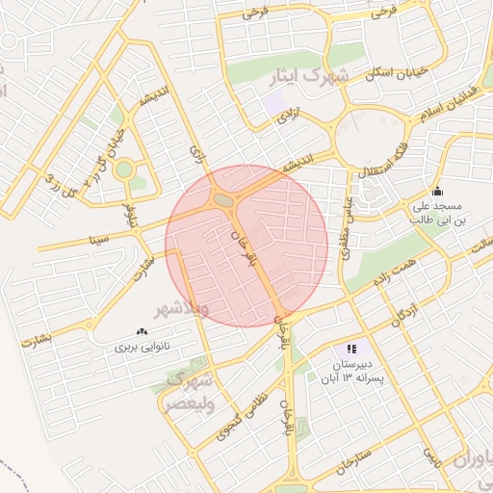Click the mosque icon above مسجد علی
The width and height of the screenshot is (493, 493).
(x=437, y=191)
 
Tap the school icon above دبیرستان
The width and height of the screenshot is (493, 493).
(x=351, y=349)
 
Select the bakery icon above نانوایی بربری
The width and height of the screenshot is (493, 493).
(x=143, y=331)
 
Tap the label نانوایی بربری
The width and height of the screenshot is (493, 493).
(x=142, y=346)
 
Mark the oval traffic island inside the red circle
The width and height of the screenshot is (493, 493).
(x=223, y=199)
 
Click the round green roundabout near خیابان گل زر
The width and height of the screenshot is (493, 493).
(x=122, y=170)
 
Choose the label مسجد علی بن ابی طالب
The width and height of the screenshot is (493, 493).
(x=438, y=213)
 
